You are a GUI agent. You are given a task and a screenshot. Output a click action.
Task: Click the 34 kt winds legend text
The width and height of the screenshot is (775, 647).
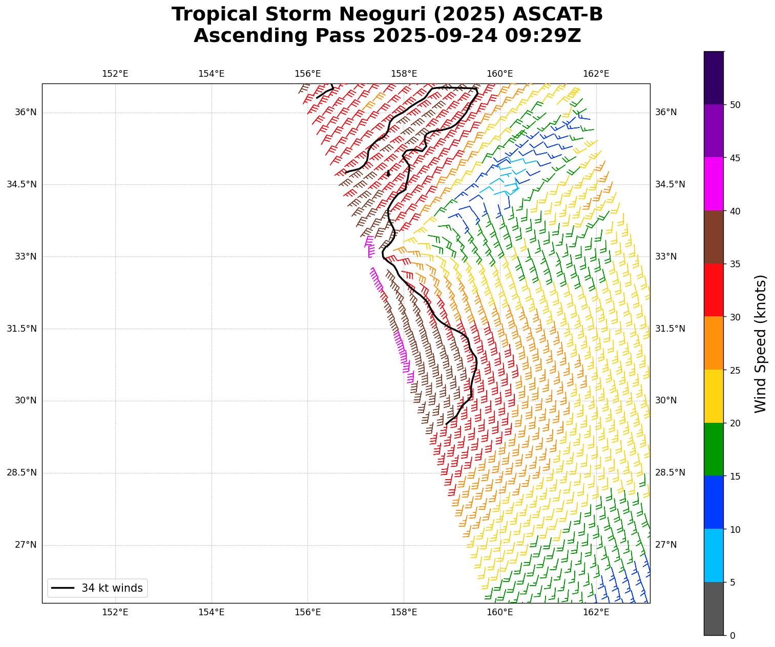tap(112, 588)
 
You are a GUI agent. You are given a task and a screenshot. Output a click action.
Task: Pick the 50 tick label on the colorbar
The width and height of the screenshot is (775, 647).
tap(735, 105)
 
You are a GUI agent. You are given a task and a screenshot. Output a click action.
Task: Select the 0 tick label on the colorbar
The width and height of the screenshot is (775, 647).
tap(732, 636)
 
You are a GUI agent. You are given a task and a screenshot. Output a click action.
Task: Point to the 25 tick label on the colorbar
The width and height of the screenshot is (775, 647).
tap(735, 370)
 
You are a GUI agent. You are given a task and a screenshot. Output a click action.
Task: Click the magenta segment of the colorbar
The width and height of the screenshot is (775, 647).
tap(714, 184)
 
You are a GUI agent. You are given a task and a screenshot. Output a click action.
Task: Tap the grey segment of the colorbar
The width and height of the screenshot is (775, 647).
tap(714, 609)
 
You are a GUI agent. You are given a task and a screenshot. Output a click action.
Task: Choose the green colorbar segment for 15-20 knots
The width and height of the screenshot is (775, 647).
tap(714, 449)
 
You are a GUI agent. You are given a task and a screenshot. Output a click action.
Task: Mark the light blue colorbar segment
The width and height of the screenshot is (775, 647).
tap(714, 555)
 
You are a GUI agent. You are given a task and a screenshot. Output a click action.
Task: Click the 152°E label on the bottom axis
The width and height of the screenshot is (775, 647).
tap(115, 612)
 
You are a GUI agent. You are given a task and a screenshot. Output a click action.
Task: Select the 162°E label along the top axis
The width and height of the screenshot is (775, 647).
tap(596, 74)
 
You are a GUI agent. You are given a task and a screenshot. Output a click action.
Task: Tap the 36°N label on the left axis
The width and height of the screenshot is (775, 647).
tap(26, 112)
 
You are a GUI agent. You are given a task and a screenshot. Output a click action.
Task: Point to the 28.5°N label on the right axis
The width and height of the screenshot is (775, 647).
tap(670, 472)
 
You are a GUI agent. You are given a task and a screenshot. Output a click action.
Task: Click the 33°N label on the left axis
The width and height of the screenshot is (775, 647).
tap(26, 256)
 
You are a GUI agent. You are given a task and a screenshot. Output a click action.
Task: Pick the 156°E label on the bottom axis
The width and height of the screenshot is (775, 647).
tap(307, 612)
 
